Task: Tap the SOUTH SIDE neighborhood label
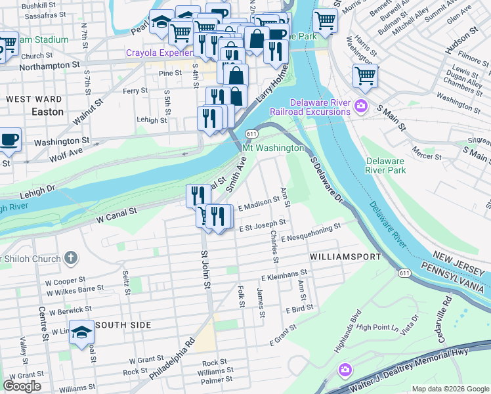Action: click(123, 325)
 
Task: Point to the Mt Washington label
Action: click(274, 148)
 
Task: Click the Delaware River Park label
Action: click(385, 165)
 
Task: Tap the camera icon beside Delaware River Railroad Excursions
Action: click(360, 106)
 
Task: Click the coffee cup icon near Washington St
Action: click(10, 139)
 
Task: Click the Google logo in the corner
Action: click(22, 385)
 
